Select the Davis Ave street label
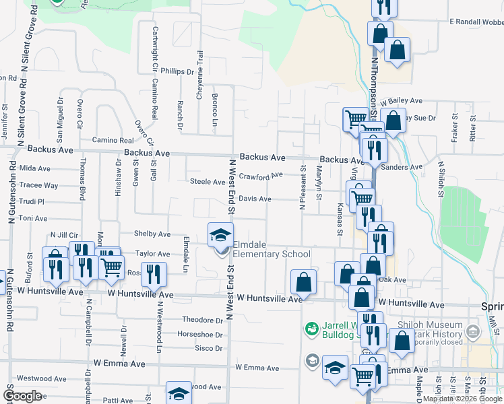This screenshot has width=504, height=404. point(255,199)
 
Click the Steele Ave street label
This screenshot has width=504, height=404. point(207,182)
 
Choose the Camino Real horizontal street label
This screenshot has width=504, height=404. point(113,140)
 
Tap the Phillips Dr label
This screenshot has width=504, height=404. point(177,71)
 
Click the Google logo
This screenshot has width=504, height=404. point(23,396)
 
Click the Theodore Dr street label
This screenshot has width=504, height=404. point(202,320)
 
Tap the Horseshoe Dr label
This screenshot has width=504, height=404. point(199,334)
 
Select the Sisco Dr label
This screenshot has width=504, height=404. point(208,348)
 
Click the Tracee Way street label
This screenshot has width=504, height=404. point(39,185)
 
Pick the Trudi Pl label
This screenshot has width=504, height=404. point(32,201)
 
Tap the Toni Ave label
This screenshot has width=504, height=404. point(33,218)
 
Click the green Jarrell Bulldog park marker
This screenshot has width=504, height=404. point(311,329)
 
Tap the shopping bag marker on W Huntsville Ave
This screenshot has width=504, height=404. point(304,281)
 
